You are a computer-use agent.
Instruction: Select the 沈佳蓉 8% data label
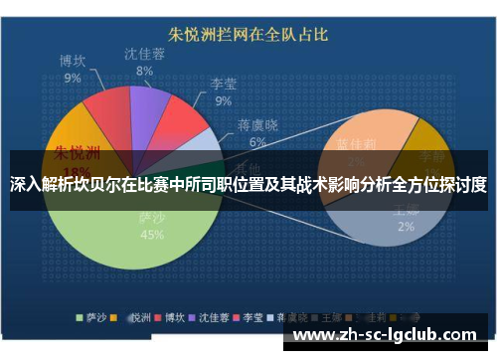coord(145,62)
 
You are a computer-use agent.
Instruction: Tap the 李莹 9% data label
coord(221,92)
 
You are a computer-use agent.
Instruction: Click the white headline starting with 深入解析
coord(248,185)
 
